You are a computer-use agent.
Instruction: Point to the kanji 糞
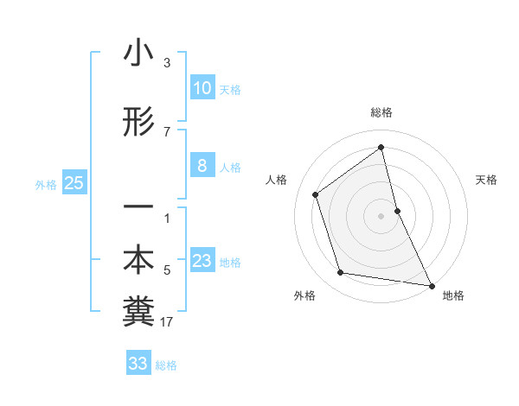138,311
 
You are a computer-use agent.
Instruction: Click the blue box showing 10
202,88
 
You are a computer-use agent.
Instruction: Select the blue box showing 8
202,167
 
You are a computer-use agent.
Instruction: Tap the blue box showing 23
202,261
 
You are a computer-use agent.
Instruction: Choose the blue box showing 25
74,183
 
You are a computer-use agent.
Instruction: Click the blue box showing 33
138,364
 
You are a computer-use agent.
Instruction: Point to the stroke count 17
167,322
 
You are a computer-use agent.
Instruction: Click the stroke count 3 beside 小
167,63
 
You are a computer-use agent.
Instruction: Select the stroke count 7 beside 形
167,132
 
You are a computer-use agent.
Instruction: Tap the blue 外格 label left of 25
46,184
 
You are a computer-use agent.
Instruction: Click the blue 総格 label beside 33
166,365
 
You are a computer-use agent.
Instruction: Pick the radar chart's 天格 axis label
487,180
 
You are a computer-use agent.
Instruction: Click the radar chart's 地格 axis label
453,296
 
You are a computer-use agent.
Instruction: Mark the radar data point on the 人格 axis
315,194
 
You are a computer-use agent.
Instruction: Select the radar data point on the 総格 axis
381,147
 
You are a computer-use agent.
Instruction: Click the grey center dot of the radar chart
381,215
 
